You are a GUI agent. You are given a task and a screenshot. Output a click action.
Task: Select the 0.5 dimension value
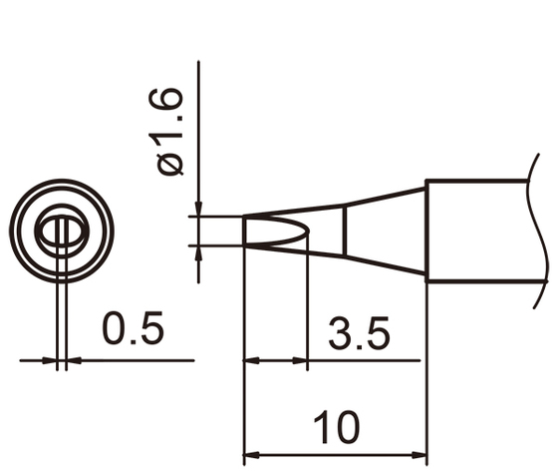[x=132, y=329]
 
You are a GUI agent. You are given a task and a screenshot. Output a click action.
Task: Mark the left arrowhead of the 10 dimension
[x=252, y=450]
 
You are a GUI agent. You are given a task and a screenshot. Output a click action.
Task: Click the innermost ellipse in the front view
[x=62, y=232]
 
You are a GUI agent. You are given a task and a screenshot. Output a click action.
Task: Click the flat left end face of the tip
[x=245, y=231]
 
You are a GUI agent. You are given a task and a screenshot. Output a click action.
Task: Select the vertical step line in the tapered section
[x=345, y=231]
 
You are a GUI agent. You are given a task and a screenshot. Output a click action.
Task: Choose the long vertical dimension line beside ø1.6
[x=199, y=120]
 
